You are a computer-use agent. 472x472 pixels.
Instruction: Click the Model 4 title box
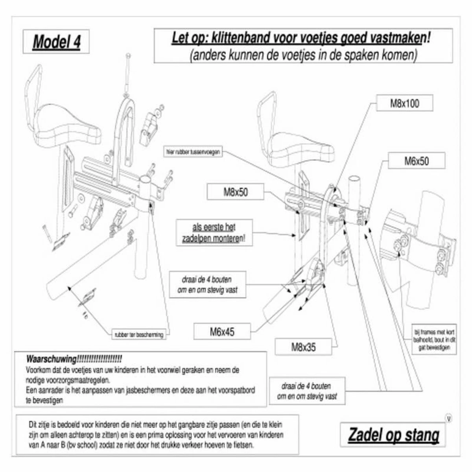click(x=57, y=41)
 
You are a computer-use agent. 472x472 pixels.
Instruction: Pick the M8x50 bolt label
click(x=236, y=192)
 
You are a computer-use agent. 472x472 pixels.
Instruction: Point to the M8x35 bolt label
click(x=303, y=347)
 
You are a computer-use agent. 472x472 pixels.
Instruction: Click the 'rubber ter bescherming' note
click(x=138, y=335)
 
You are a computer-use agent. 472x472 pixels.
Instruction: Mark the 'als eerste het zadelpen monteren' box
click(x=214, y=234)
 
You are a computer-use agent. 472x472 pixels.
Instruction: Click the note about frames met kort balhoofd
click(x=434, y=339)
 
